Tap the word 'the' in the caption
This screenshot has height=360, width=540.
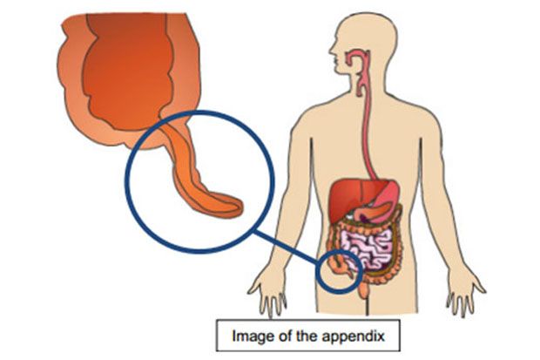point(304,336)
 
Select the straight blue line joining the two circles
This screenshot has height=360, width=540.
point(287,248)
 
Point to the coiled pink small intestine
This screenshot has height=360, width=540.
point(368,248)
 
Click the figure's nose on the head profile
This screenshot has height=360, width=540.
point(331,50)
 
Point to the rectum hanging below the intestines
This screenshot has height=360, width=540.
point(364,289)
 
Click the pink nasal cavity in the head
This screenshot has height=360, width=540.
point(354,56)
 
